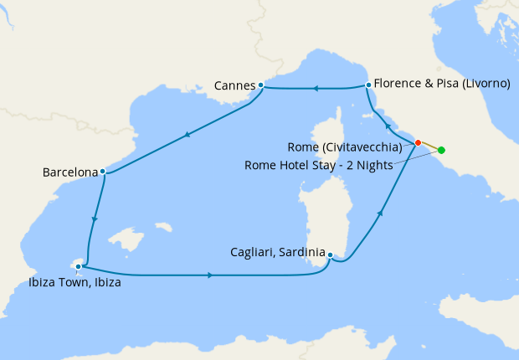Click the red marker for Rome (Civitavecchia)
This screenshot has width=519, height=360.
[x=418, y=142]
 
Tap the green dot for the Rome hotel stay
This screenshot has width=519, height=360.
[x=441, y=151]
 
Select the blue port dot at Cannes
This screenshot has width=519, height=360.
[x=261, y=85]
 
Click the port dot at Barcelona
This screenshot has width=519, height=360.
[x=102, y=172]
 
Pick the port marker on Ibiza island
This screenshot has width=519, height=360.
[x=79, y=267]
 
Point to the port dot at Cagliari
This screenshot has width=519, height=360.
[x=331, y=255]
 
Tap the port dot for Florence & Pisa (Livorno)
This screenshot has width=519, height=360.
[x=368, y=85]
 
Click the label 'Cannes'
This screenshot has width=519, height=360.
[x=234, y=85]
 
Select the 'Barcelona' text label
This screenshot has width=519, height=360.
[x=70, y=172]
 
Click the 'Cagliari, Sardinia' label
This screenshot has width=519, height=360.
[x=277, y=251]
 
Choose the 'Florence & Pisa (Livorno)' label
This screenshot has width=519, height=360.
[x=442, y=85]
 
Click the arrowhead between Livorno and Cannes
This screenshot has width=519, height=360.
[x=316, y=88]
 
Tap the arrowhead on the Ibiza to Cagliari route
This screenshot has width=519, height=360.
[x=209, y=275]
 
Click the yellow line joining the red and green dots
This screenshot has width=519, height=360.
[x=429, y=147]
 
